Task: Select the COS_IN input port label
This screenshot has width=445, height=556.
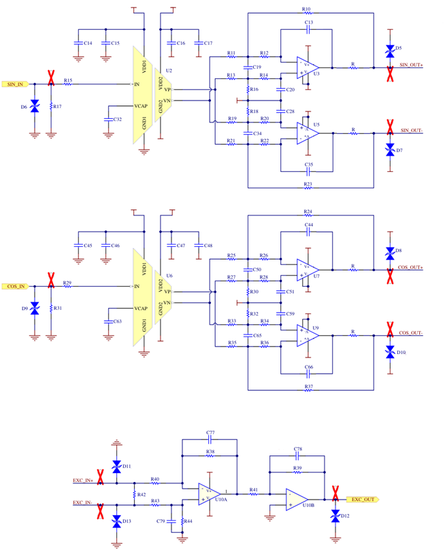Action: pyautogui.click(x=16, y=286)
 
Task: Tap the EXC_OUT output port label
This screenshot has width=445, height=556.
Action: pyautogui.click(x=363, y=499)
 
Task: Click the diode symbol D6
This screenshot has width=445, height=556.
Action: pyautogui.click(x=35, y=107)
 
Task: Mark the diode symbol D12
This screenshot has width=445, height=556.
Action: pyautogui.click(x=335, y=517)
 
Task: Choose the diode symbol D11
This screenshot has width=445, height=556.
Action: pyautogui.click(x=116, y=466)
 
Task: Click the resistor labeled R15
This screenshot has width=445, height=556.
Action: pyautogui.click(x=68, y=84)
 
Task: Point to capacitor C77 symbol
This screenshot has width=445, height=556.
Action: pyautogui.click(x=210, y=439)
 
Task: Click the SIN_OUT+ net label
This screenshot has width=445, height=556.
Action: pyautogui.click(x=412, y=65)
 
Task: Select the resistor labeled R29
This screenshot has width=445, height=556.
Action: pyautogui.click(x=67, y=286)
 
